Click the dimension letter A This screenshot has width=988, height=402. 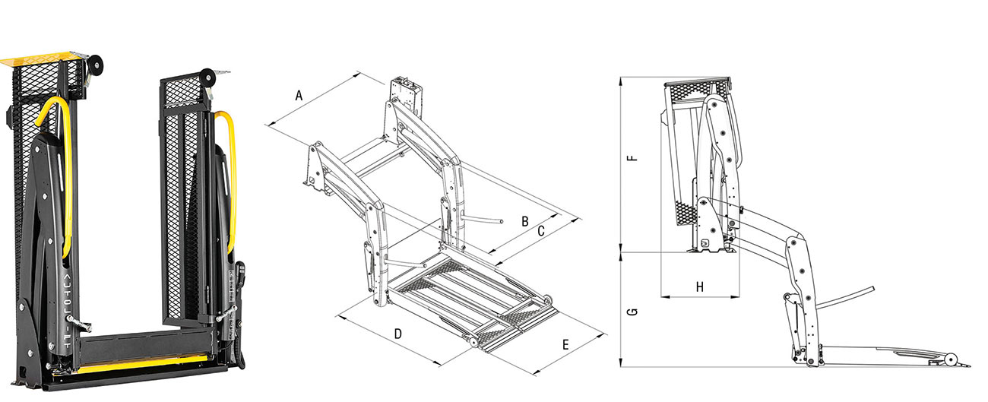(299, 95)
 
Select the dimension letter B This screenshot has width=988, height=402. (525, 221)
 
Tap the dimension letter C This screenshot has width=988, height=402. (541, 230)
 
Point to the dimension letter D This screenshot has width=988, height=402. (397, 334)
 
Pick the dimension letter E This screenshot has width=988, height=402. (565, 345)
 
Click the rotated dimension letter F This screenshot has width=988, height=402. (632, 157)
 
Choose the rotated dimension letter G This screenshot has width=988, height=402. (632, 312)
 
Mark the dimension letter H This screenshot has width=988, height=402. (699, 287)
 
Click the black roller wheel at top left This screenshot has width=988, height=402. (95, 65)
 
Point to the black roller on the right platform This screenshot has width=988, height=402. (207, 78)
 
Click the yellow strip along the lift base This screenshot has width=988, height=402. (141, 365)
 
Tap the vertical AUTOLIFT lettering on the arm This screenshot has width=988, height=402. (67, 312)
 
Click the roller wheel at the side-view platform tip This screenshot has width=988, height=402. (950, 359)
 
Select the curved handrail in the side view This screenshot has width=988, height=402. (846, 299)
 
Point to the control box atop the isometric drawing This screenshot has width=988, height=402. (406, 95)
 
